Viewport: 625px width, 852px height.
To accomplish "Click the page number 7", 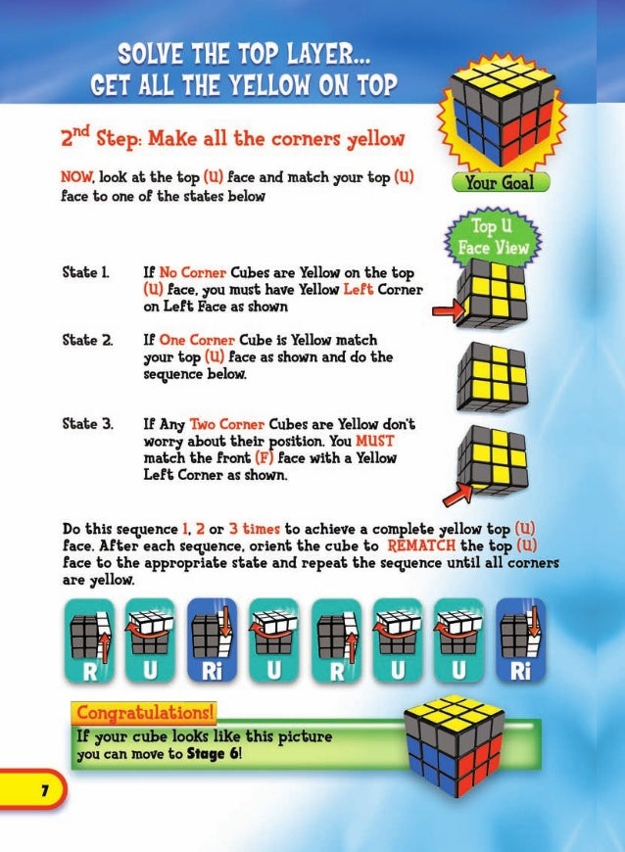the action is (44, 789).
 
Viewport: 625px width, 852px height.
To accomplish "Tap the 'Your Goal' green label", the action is (500, 182).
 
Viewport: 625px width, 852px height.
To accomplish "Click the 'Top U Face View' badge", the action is (493, 237).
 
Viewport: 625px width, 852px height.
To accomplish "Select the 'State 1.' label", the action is (85, 272).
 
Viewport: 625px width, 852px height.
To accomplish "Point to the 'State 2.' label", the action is (87, 340).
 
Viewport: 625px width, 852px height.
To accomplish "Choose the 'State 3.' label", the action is (88, 423).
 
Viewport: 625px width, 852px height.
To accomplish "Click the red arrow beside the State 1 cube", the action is (449, 311).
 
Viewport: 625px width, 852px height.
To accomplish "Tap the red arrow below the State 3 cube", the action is (457, 495).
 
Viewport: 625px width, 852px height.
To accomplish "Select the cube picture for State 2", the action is (493, 378).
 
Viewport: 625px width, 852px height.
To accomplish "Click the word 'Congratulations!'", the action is (145, 712).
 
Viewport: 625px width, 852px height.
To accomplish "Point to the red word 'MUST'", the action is (374, 441).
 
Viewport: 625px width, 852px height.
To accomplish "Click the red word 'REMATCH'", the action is (421, 545).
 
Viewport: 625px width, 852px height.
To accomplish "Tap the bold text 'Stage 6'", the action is (213, 754).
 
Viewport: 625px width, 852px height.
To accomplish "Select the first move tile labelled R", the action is (90, 640).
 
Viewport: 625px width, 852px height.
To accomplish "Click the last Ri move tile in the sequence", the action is (520, 640).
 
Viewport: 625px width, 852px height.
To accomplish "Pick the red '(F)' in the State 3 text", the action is (264, 458).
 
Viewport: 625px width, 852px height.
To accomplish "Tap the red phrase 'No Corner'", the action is (192, 272).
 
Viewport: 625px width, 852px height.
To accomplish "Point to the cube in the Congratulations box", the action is (455, 746).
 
